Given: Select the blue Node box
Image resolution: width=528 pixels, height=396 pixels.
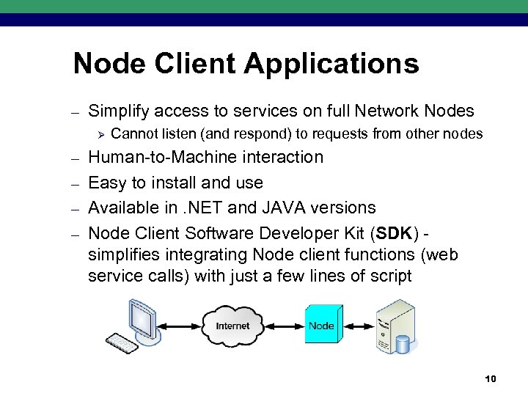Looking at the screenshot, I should [321, 326].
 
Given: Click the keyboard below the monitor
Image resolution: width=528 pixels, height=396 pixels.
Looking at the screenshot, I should [125, 342].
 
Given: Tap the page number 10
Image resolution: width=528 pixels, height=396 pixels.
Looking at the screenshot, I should [491, 378].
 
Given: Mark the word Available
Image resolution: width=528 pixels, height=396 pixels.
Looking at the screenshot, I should [122, 208].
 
